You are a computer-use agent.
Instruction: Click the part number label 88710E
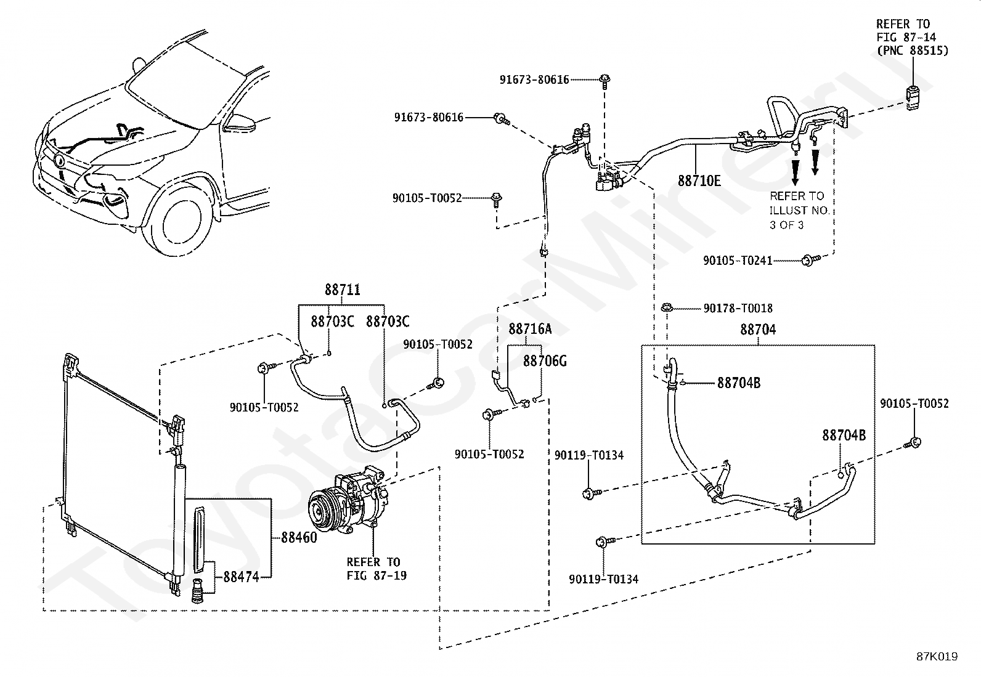coord(699,180)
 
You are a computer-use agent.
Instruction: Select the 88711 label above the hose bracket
coord(343,290)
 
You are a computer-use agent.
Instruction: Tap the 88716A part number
coord(530,329)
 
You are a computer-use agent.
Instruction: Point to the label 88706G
coord(545,361)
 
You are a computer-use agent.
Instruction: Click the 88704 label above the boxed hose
coord(758,330)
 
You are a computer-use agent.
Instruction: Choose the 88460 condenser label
coord(299,537)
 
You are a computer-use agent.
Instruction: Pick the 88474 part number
coord(242,577)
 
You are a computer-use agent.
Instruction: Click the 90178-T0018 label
coord(738,308)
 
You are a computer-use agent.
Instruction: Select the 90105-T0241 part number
coord(738,261)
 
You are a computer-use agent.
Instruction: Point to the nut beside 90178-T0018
coord(667,308)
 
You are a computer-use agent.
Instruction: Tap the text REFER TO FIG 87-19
coord(377,569)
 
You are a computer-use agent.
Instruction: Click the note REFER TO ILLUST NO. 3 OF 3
coord(800,210)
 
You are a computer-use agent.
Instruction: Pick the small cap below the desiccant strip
coord(198,591)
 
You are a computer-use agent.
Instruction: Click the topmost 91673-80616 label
coord(534,79)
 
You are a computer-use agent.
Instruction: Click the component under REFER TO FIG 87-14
coord(912,97)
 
